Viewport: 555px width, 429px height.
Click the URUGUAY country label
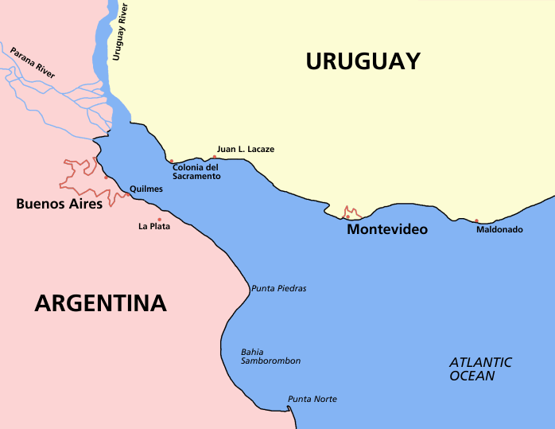pyautogui.click(x=363, y=61)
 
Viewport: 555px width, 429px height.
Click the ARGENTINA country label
pyautogui.click(x=100, y=303)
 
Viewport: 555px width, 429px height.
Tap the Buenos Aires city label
pyautogui.click(x=60, y=205)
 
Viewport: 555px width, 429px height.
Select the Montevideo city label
pyautogui.click(x=387, y=229)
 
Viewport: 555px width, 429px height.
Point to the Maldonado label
pyautogui.click(x=499, y=230)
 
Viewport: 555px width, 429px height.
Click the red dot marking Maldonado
pyautogui.click(x=477, y=221)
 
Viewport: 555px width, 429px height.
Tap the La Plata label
pyautogui.click(x=154, y=227)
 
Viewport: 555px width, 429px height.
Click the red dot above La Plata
pyautogui.click(x=160, y=220)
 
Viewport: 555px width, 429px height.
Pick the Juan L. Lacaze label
pyautogui.click(x=245, y=149)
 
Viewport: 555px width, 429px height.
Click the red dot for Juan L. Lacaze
pyautogui.click(x=214, y=157)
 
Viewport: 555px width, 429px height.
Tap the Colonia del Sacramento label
pyautogui.click(x=196, y=171)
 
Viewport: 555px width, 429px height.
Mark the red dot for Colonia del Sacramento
pyautogui.click(x=171, y=161)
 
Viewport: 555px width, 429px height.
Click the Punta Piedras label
pyautogui.click(x=278, y=288)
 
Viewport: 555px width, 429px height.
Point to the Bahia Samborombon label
pyautogui.click(x=270, y=356)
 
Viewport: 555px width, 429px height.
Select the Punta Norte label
pyautogui.click(x=312, y=399)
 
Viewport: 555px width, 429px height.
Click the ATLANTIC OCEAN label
pyautogui.click(x=480, y=369)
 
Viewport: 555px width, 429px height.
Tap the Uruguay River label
pyautogui.click(x=121, y=32)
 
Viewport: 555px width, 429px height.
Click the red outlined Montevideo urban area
pyautogui.click(x=351, y=213)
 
